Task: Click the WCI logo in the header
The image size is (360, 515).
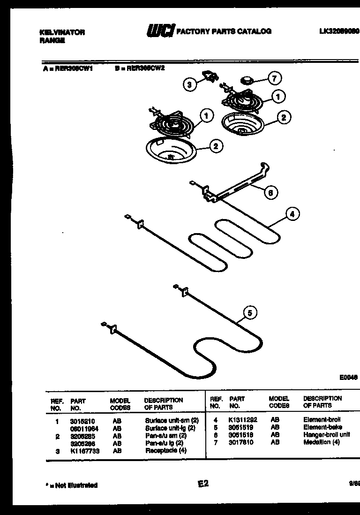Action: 160,31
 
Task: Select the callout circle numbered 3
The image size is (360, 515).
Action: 189,84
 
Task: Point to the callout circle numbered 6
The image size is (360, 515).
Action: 270,192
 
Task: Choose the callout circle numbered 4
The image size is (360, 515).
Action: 292,214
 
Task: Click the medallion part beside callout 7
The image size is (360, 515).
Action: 247,80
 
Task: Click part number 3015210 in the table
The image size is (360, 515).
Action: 80,421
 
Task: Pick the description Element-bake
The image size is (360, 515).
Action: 322,427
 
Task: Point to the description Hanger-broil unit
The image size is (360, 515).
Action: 326,435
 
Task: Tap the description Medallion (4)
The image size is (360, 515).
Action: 321,442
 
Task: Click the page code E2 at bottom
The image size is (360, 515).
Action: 203,484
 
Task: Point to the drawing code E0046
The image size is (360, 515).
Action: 348,377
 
